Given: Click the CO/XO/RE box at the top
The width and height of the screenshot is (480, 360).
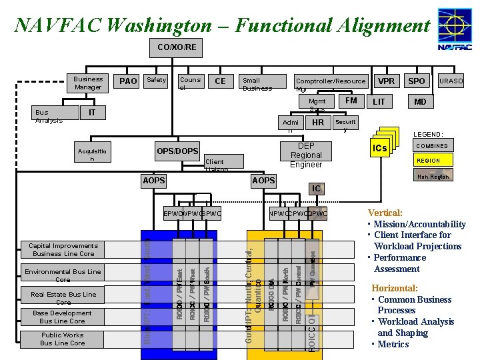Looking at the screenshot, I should [x=177, y=47].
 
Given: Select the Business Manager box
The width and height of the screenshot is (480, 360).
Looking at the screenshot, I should [x=89, y=83].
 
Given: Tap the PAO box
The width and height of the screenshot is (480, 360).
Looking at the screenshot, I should [x=128, y=81].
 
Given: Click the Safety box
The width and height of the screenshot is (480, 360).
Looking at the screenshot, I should [x=157, y=81].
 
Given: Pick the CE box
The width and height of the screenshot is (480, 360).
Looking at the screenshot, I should [x=220, y=81].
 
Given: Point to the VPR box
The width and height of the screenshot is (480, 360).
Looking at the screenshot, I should [x=386, y=81].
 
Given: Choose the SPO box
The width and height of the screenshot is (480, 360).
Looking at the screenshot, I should [x=417, y=81].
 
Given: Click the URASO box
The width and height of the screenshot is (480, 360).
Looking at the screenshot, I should [x=451, y=81].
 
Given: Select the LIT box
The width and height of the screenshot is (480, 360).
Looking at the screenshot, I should [x=379, y=102].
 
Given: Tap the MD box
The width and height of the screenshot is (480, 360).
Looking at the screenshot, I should [x=420, y=102].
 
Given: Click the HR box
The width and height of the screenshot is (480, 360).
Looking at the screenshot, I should [x=318, y=123].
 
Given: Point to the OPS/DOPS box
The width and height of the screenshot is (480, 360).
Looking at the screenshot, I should [x=177, y=151].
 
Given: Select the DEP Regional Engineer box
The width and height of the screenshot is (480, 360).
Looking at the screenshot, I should [x=306, y=155].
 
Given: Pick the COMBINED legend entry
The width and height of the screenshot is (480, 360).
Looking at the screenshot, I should [x=432, y=146].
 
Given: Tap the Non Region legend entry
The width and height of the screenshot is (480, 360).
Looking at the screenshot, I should [x=432, y=177].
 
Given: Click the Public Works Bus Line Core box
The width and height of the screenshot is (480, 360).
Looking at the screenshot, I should [x=63, y=339].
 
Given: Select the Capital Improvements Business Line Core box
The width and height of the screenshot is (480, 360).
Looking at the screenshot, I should [x=63, y=250].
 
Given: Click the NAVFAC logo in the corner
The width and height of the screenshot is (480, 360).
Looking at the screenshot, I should [x=455, y=29].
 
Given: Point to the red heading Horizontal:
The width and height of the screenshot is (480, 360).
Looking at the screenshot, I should [x=395, y=288].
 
